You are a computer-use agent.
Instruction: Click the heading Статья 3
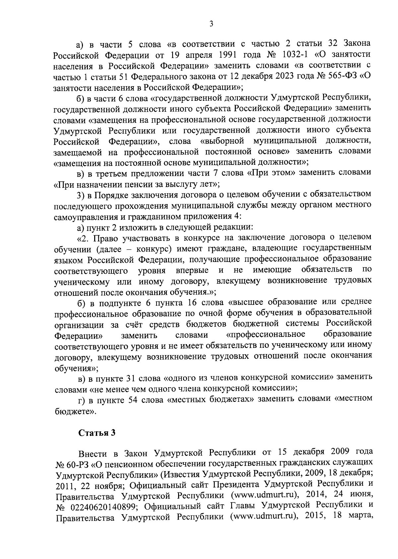point(97,433)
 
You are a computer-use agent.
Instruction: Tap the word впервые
point(192,270)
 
